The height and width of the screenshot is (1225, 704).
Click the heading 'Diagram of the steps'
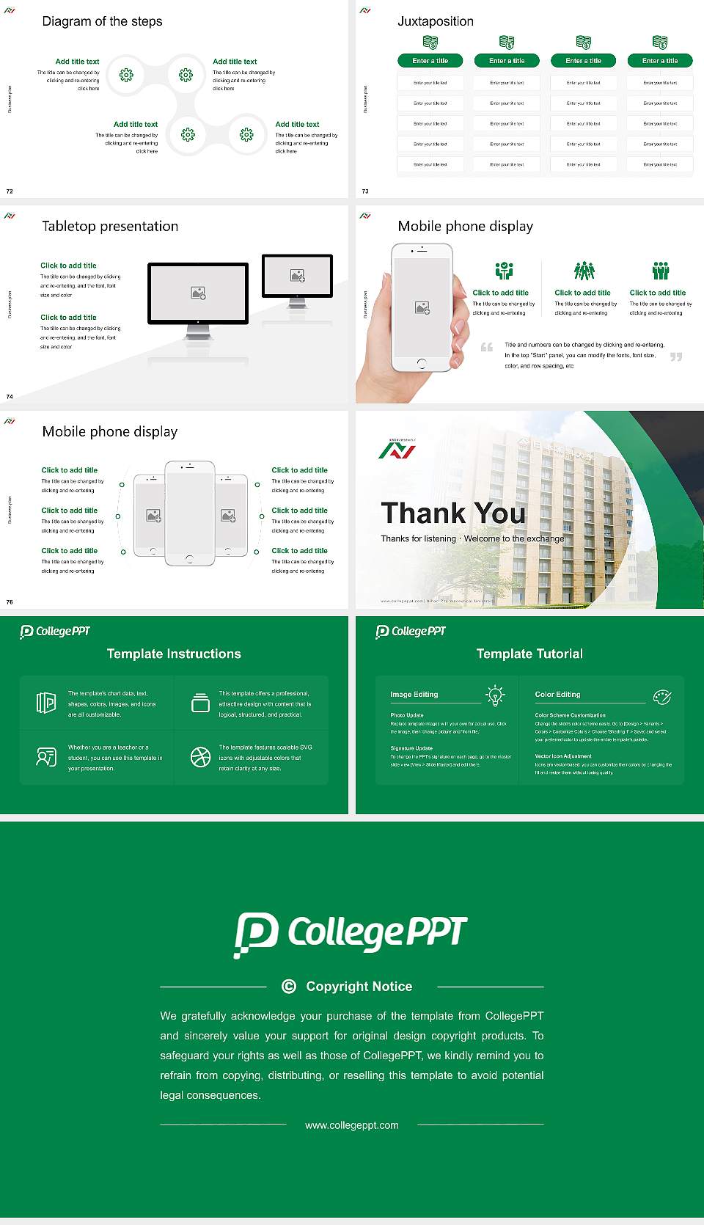(102, 21)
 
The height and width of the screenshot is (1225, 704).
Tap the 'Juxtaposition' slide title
(435, 21)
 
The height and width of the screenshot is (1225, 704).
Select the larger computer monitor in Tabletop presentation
(198, 293)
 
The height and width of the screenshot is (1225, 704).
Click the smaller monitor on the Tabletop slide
(297, 276)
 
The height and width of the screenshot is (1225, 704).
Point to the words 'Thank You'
(453, 513)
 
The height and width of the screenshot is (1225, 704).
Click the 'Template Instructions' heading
(174, 654)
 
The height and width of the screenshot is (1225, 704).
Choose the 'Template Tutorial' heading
(529, 654)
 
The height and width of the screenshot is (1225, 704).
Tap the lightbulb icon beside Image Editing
(495, 695)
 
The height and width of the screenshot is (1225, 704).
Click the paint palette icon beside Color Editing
(662, 696)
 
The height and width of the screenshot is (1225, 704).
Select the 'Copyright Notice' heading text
(359, 987)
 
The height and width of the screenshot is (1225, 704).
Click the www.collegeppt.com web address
(352, 1125)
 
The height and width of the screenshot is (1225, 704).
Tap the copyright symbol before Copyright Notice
(289, 987)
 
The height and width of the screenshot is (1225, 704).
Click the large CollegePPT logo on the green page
(351, 934)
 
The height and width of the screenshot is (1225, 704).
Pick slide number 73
(365, 191)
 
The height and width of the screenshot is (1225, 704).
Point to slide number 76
(10, 602)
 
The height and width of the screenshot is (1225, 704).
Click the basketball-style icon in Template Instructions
(200, 757)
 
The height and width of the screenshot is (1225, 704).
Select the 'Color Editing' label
(557, 694)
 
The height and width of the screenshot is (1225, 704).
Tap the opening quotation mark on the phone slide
(487, 347)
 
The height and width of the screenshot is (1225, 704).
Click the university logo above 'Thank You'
(397, 448)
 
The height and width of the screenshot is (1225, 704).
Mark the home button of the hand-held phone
(422, 363)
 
